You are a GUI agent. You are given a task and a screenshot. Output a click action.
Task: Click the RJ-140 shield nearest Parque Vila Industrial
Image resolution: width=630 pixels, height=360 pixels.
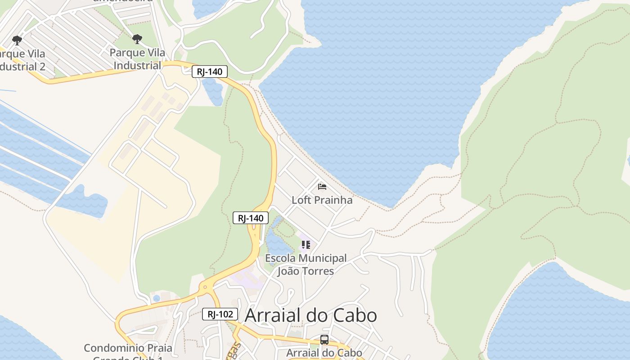click(210, 72)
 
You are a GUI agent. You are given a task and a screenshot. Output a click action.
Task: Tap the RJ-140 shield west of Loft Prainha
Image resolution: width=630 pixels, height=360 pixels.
click(251, 218)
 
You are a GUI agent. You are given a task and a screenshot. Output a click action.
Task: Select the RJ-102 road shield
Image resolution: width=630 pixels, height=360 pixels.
click(220, 314)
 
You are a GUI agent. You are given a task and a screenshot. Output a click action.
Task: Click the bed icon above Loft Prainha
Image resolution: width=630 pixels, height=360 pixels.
click(322, 186)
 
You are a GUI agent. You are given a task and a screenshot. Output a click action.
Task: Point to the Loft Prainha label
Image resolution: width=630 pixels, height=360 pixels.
click(322, 200)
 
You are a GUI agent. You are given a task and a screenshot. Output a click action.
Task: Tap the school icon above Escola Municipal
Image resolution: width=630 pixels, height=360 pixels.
click(306, 245)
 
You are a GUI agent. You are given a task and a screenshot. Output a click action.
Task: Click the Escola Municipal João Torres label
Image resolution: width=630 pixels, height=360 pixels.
click(306, 265)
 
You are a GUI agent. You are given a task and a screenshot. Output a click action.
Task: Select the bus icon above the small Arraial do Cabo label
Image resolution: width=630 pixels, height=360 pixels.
click(324, 340)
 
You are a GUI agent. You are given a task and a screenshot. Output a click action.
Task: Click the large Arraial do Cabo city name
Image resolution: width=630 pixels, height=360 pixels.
click(310, 315)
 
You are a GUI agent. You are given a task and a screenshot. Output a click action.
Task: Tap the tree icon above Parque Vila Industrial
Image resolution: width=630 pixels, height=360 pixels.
click(137, 39)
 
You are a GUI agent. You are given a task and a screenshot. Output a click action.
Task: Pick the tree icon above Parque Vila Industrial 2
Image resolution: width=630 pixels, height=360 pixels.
click(17, 40)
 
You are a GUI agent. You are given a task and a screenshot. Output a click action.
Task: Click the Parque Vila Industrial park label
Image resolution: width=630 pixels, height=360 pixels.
click(137, 59)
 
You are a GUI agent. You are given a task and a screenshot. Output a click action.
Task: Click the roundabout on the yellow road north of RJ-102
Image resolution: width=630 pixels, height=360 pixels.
click(205, 286)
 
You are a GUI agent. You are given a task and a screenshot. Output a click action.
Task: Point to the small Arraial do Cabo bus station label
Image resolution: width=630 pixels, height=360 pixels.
click(324, 352)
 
